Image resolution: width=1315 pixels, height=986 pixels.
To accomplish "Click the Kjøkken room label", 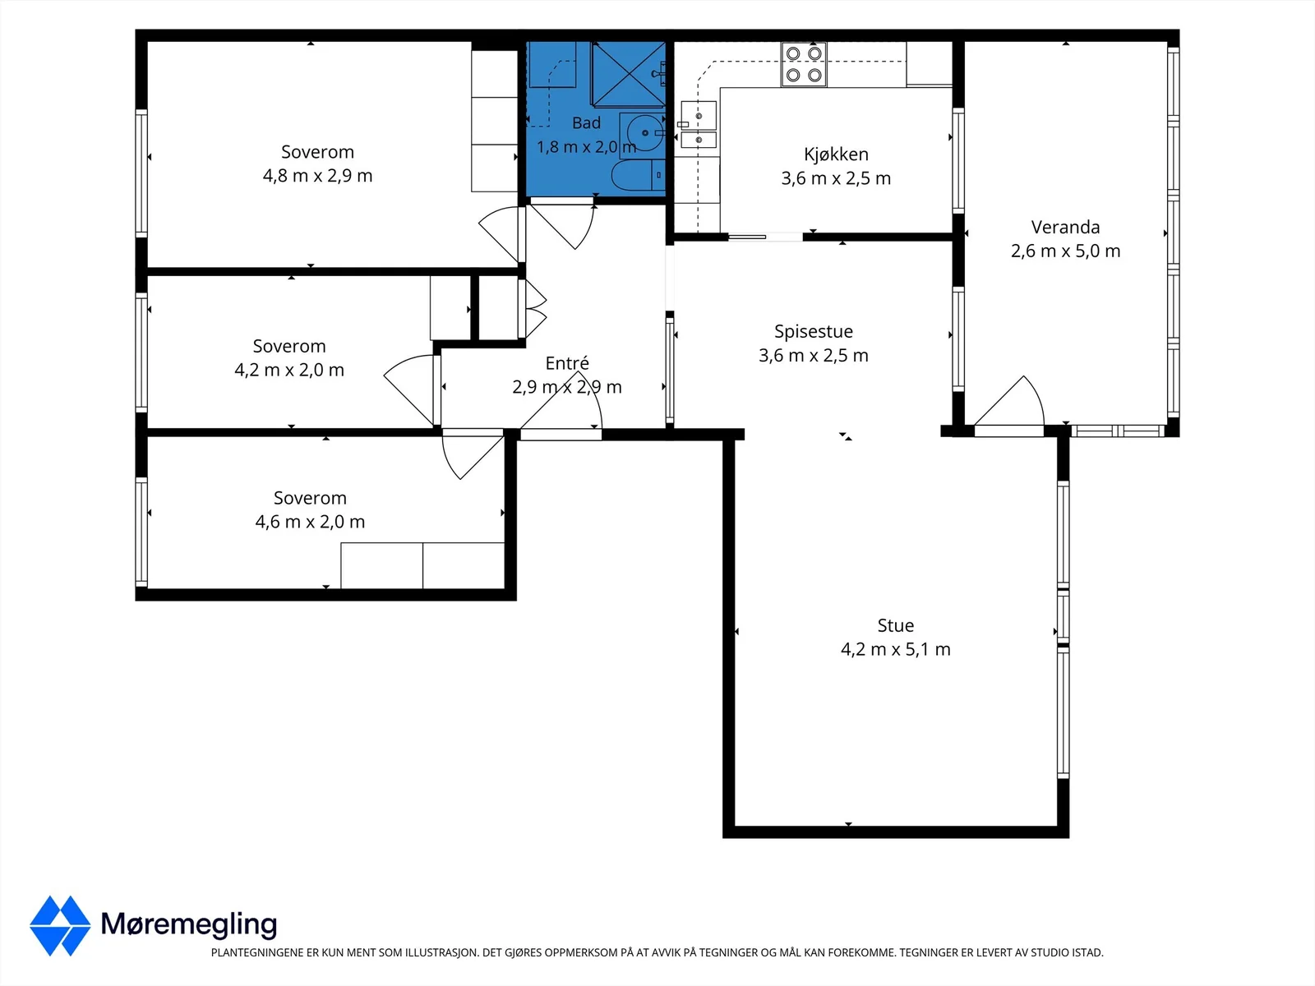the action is (x=836, y=154).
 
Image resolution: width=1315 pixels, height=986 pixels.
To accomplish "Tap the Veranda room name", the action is (x=1065, y=228).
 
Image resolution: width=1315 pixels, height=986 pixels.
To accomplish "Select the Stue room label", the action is (x=896, y=625).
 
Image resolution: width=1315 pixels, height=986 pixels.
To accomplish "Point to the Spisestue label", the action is (x=814, y=332).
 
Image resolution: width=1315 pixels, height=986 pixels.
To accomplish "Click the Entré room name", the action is (x=567, y=363).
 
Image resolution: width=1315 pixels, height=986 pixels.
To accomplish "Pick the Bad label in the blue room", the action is (x=586, y=122).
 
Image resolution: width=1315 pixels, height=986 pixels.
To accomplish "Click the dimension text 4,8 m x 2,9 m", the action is (x=317, y=176).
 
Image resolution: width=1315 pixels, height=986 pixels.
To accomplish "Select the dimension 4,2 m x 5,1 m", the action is (x=896, y=650).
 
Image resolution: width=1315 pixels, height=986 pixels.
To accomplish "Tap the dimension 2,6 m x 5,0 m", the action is (x=1065, y=251).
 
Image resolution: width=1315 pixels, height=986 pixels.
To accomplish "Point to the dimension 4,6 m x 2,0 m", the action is (x=310, y=522).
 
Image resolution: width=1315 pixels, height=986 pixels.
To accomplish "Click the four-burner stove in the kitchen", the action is (x=803, y=64).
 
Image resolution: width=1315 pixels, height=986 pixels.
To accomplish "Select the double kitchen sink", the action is (x=699, y=125).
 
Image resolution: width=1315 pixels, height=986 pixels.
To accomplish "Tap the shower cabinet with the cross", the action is (x=628, y=74).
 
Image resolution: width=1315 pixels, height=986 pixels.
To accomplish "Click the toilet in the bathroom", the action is (x=638, y=175).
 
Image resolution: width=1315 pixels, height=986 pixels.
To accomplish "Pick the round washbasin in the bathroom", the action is (x=642, y=133).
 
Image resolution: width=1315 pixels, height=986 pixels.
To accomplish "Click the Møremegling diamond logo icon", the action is (x=60, y=925).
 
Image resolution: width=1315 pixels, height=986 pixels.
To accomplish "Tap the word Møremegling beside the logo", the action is (x=189, y=924).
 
